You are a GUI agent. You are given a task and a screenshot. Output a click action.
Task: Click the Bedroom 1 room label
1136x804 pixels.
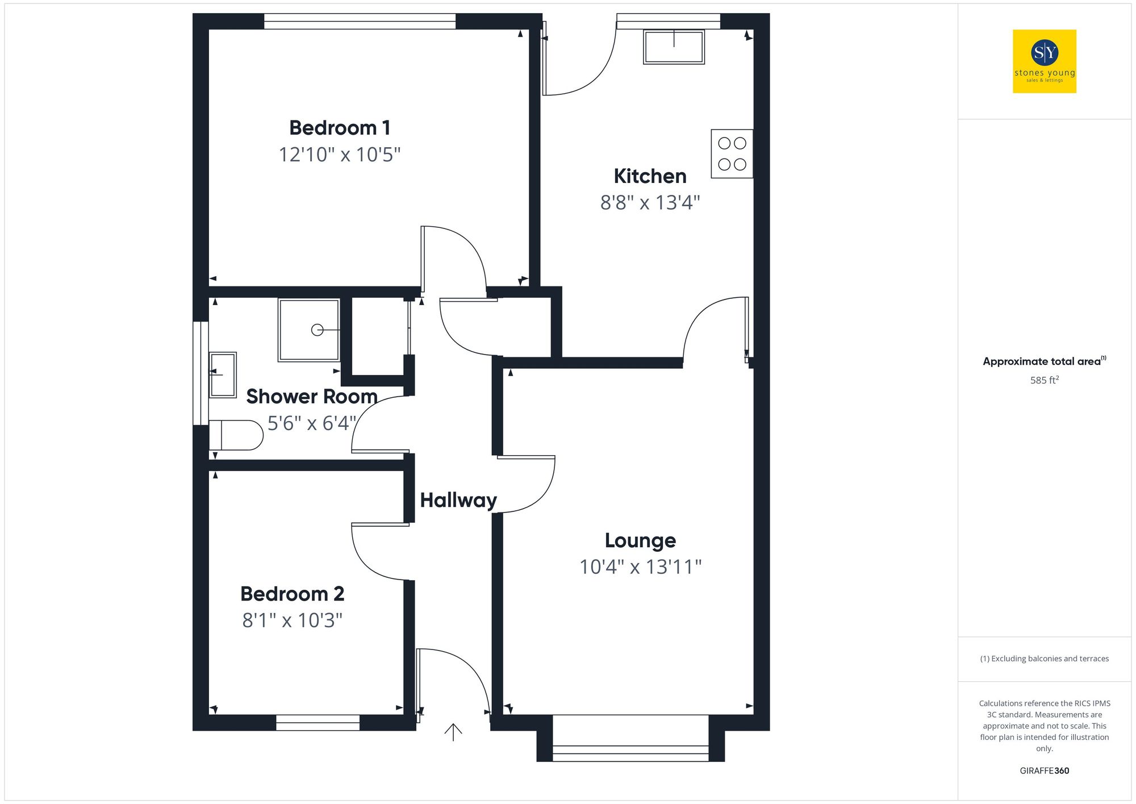pyautogui.click(x=340, y=128)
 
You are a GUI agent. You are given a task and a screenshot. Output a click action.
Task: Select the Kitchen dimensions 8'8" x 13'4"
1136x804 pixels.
pyautogui.click(x=650, y=202)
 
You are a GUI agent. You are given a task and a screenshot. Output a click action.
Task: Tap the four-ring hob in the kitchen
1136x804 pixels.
pyautogui.click(x=732, y=153)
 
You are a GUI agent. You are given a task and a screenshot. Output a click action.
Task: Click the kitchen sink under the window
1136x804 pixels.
pyautogui.click(x=674, y=47)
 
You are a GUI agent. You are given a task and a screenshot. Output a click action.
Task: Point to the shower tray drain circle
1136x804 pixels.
pyautogui.click(x=317, y=330)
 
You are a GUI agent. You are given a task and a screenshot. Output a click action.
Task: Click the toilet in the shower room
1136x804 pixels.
pyautogui.click(x=235, y=435)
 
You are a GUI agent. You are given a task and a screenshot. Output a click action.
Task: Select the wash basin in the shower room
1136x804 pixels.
pyautogui.click(x=223, y=374)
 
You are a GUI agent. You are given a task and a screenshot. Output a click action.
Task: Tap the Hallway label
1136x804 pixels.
pyautogui.click(x=458, y=500)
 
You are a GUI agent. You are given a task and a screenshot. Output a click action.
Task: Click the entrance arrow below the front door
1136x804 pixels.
pyautogui.click(x=453, y=732)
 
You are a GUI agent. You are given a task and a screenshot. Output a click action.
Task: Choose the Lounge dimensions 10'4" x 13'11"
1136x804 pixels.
pyautogui.click(x=640, y=566)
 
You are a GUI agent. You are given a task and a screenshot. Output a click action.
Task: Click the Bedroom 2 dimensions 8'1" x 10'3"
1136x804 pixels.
pyautogui.click(x=292, y=620)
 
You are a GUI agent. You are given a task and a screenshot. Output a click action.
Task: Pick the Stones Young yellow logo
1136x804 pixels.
pyautogui.click(x=1044, y=61)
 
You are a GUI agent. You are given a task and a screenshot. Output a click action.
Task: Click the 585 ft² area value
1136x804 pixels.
pyautogui.click(x=1044, y=380)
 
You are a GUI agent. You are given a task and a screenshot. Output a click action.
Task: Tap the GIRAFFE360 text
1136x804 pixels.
pyautogui.click(x=1044, y=770)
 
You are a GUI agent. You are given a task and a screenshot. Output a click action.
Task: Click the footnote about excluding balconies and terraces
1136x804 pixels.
pyautogui.click(x=1044, y=659)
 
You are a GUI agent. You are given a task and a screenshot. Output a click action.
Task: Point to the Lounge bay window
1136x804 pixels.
pyautogui.click(x=630, y=753)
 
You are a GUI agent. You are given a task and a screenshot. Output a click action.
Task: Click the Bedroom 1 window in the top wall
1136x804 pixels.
pyautogui.click(x=360, y=22)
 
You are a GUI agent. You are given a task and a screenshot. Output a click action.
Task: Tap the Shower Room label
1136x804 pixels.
pyautogui.click(x=311, y=396)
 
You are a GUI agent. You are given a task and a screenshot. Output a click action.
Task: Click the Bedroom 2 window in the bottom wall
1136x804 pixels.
pyautogui.click(x=318, y=722)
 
